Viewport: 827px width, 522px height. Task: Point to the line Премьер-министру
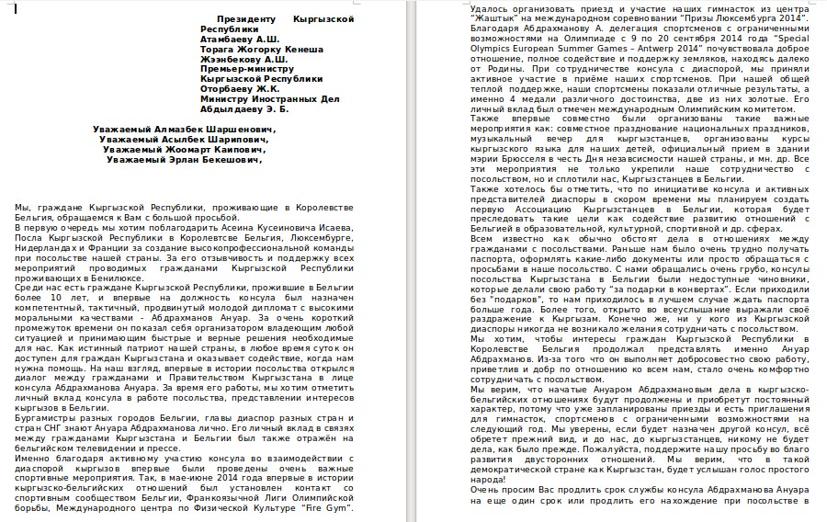[244, 69]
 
